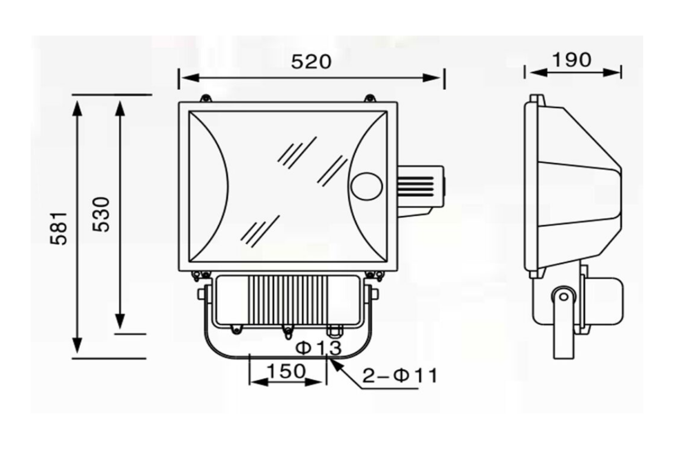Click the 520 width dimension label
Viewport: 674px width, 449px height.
pos(311,62)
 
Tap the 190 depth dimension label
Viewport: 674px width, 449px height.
pos(572,60)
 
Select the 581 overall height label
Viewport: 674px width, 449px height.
pos(58,228)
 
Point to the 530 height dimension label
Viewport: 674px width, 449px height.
pos(101,214)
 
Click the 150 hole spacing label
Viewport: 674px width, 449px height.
pos(286,371)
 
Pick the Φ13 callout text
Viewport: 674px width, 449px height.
pos(318,348)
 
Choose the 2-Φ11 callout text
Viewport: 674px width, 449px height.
pos(400,376)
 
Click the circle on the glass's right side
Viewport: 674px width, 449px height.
pos(366,186)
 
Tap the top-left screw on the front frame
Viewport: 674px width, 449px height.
pos(206,98)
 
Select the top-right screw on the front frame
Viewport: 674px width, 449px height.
pos(370,98)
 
